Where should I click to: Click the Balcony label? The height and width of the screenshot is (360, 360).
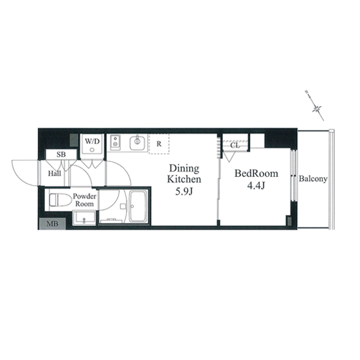[x=313, y=179]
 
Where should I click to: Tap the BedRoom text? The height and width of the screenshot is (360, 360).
[x=256, y=174]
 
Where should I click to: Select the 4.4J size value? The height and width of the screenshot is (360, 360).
[x=256, y=186]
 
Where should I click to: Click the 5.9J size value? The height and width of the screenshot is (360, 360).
[x=184, y=192]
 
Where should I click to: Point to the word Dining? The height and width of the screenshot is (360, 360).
[x=184, y=168]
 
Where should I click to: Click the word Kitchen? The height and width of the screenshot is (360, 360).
[x=184, y=179]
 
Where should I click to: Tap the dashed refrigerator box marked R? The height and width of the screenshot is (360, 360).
[x=159, y=144]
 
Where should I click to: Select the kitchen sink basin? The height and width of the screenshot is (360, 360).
[x=138, y=143]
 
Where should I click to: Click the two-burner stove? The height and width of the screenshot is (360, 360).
[x=115, y=143]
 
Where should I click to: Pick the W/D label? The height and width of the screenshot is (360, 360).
[x=93, y=141]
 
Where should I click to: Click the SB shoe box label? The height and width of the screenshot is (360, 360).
[x=61, y=154]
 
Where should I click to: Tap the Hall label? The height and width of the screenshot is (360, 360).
[x=55, y=174]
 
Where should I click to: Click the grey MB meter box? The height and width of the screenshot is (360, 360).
[x=52, y=224]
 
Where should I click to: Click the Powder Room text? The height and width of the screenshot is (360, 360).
[x=84, y=200]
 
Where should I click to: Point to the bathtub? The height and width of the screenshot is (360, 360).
[x=138, y=206]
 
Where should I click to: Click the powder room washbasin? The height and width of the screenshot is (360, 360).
[x=84, y=219]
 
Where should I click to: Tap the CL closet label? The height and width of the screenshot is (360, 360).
[x=235, y=145]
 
